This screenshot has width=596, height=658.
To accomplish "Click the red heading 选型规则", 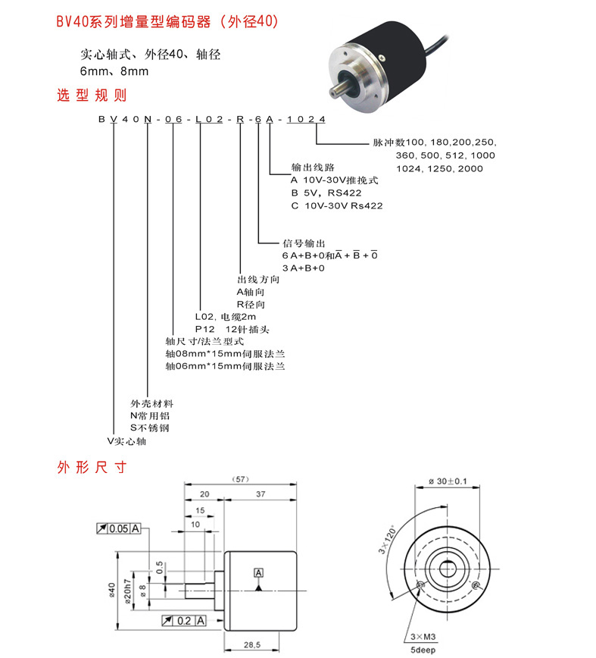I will (92, 96).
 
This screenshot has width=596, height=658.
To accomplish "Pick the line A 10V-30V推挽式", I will (334, 180).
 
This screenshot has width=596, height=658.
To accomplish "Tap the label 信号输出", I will (304, 243).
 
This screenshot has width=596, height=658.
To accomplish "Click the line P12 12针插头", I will (232, 330).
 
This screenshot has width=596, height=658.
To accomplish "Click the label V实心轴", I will (126, 440).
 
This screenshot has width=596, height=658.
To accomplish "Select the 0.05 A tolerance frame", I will (119, 528).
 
